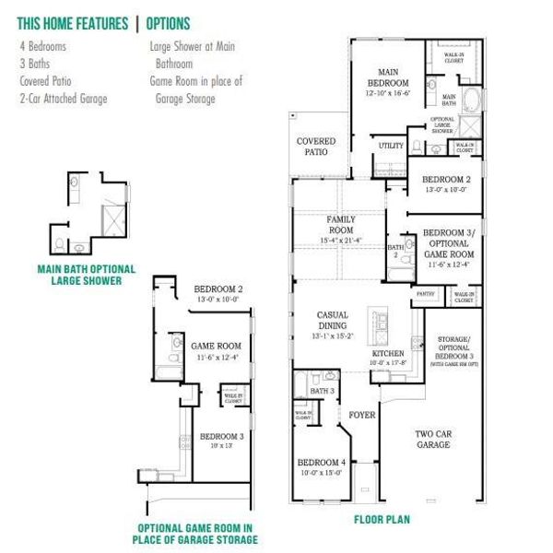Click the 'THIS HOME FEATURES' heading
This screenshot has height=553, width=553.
point(73,23)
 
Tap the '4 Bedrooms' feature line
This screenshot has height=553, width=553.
point(43,45)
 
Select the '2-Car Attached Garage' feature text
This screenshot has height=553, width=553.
point(63,98)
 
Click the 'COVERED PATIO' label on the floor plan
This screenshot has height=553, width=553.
point(315,147)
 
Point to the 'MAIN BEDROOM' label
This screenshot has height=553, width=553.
point(388,77)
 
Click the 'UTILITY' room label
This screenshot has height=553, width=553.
point(391,146)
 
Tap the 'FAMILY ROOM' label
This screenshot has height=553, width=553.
point(340,224)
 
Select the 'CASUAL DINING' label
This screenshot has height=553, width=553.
point(332,320)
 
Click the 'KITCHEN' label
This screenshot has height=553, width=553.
point(388,354)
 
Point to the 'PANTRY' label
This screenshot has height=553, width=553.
point(425,294)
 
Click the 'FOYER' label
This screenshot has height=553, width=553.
point(362,415)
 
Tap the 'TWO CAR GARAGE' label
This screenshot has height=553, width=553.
point(432,439)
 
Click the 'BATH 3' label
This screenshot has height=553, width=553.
point(322,392)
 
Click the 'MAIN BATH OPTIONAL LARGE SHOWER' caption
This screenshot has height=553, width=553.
point(86,274)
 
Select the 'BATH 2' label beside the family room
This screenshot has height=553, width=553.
point(396,251)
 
